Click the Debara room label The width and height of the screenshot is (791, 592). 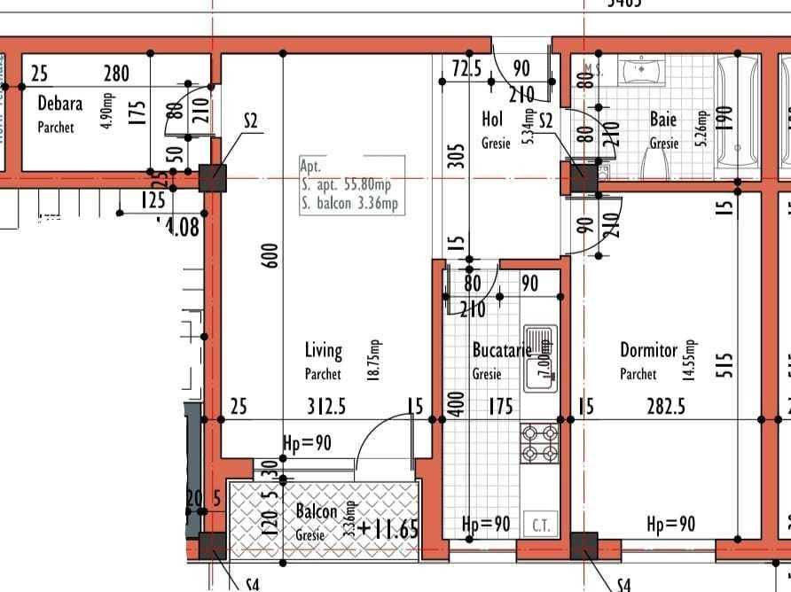(59, 104)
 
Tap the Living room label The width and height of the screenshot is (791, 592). (323, 353)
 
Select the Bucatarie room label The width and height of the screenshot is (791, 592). (501, 352)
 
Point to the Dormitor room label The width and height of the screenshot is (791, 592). (648, 351)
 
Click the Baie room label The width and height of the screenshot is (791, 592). (662, 119)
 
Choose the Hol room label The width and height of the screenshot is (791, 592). (492, 119)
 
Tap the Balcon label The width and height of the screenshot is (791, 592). (317, 512)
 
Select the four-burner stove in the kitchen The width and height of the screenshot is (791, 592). (538, 443)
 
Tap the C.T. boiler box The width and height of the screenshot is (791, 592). (542, 526)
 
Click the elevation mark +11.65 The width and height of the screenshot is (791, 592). (387, 530)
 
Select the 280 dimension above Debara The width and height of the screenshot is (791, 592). (116, 74)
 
